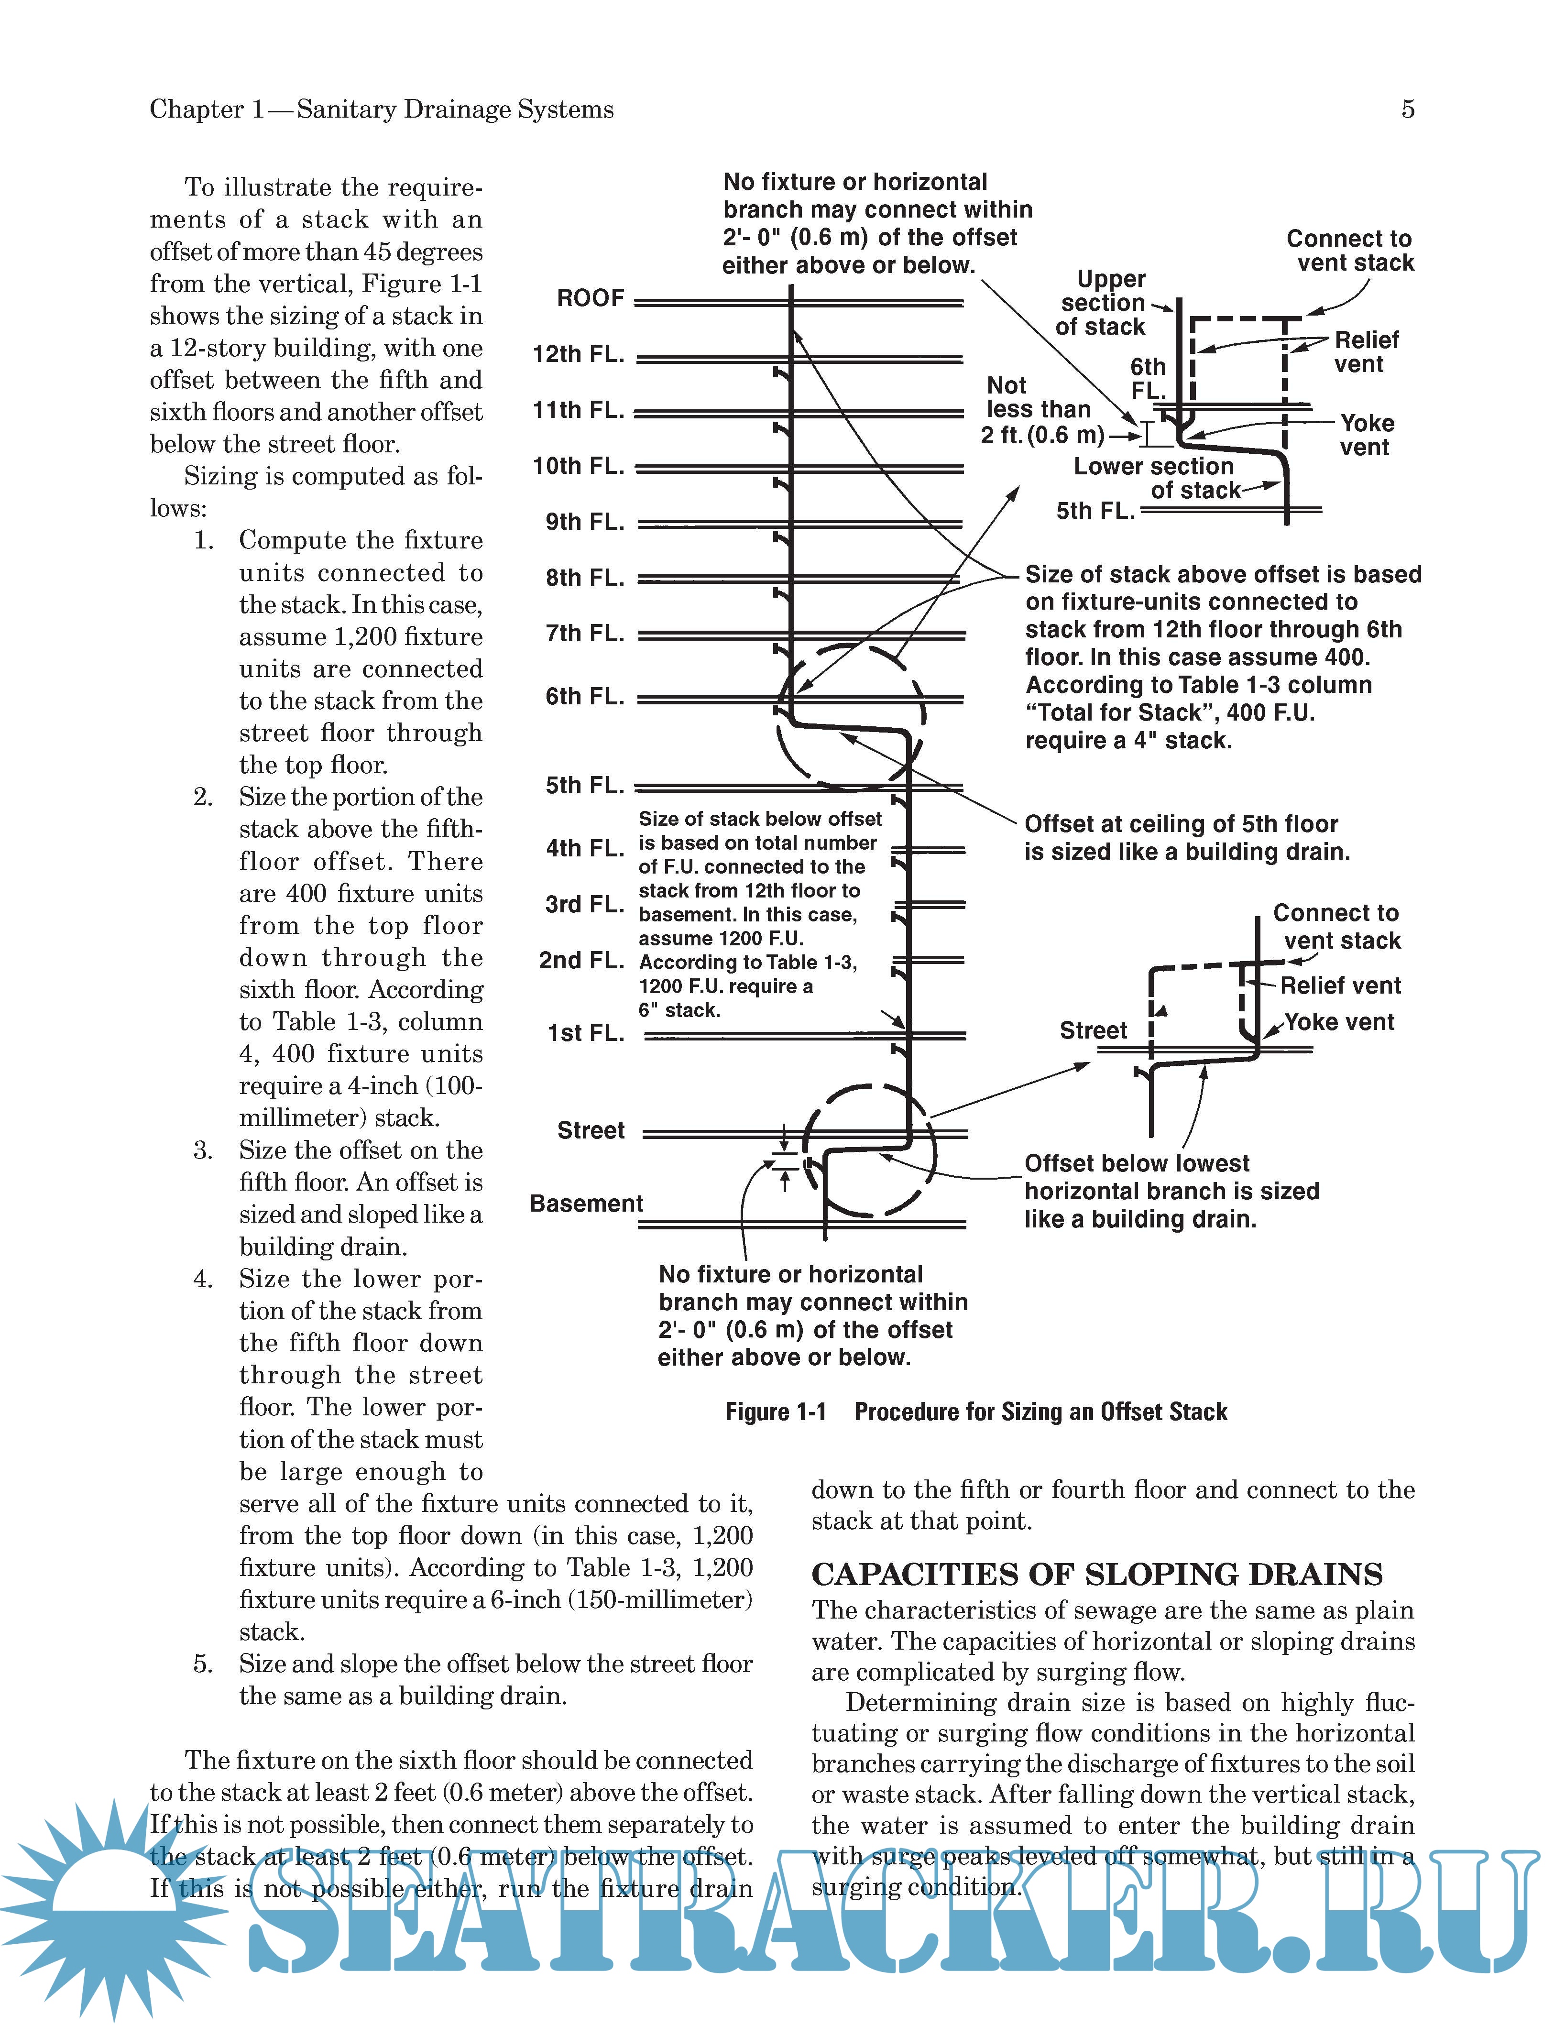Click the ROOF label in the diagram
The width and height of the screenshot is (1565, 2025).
point(591,298)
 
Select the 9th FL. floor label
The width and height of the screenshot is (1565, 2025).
point(585,522)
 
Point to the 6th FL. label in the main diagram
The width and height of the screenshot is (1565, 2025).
point(585,696)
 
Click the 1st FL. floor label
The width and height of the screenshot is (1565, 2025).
point(586,1033)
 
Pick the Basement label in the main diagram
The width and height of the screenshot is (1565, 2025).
point(586,1204)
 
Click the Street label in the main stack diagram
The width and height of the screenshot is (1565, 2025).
point(591,1130)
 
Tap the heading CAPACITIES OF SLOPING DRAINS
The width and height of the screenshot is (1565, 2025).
point(1097,1575)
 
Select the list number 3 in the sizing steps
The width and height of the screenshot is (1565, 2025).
point(203,1150)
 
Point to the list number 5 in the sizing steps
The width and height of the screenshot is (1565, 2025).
point(203,1664)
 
